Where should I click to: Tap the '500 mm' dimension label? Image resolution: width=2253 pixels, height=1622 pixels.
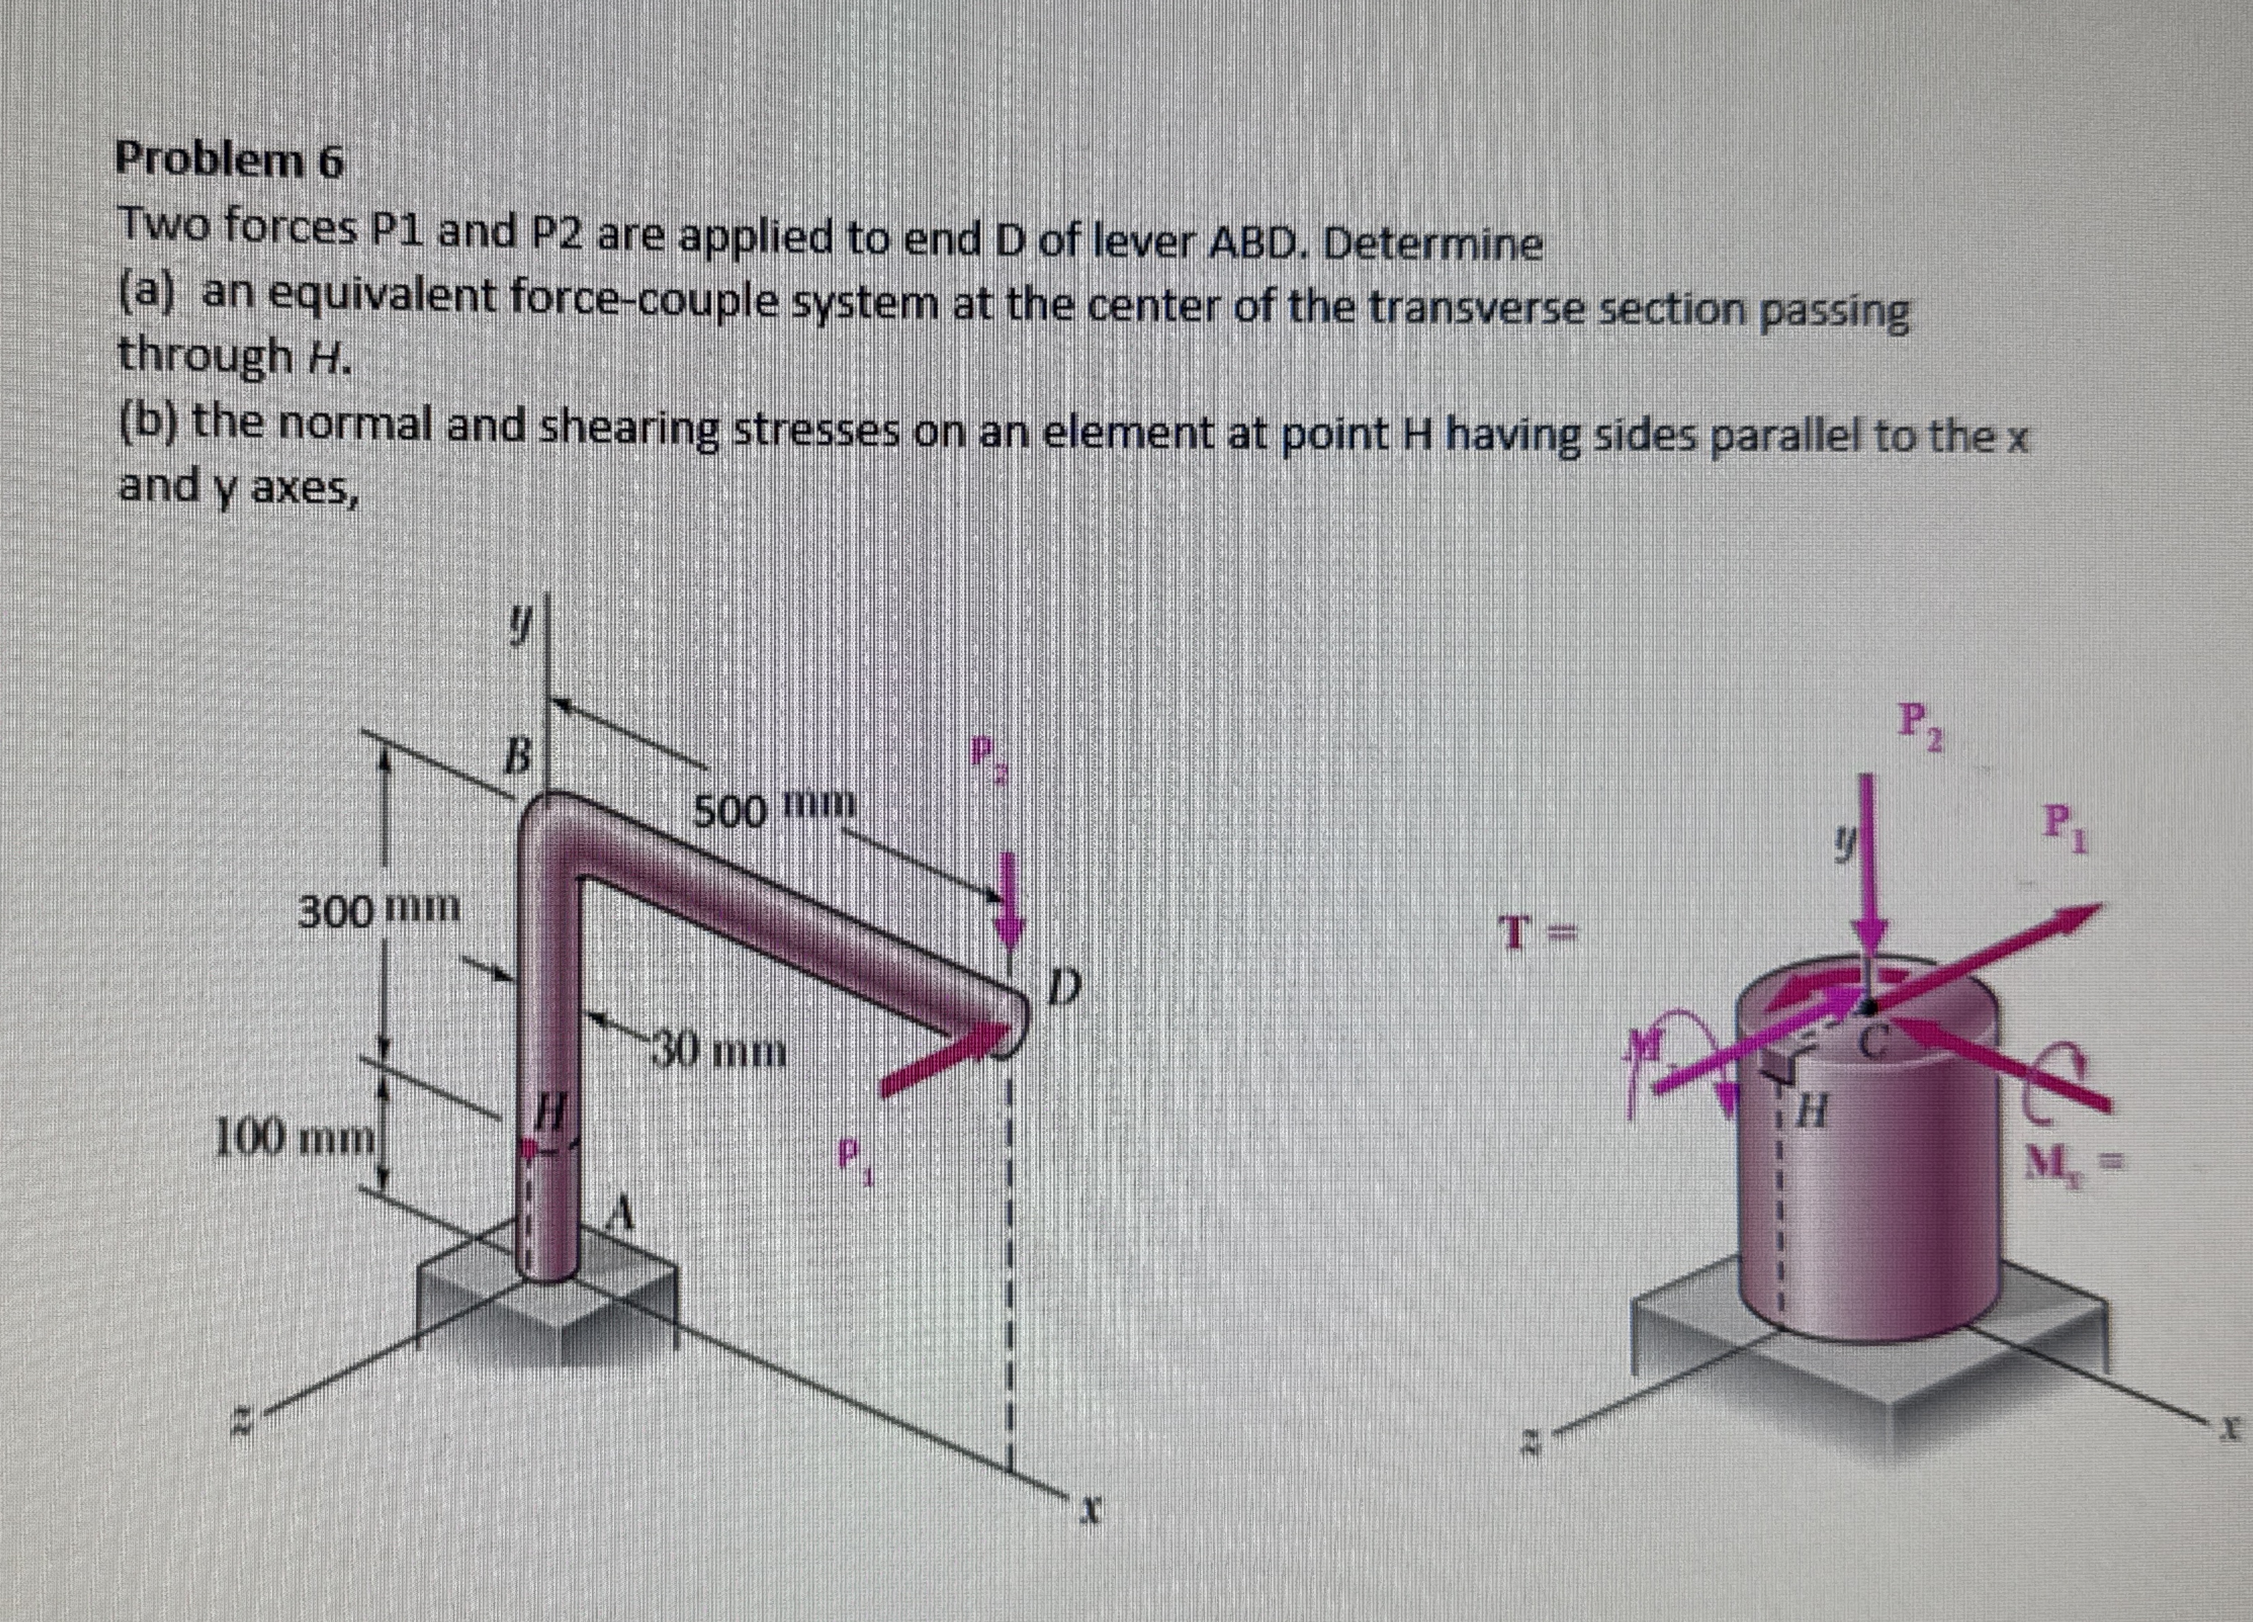(x=773, y=809)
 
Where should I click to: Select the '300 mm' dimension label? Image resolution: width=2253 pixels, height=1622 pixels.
(x=380, y=908)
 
